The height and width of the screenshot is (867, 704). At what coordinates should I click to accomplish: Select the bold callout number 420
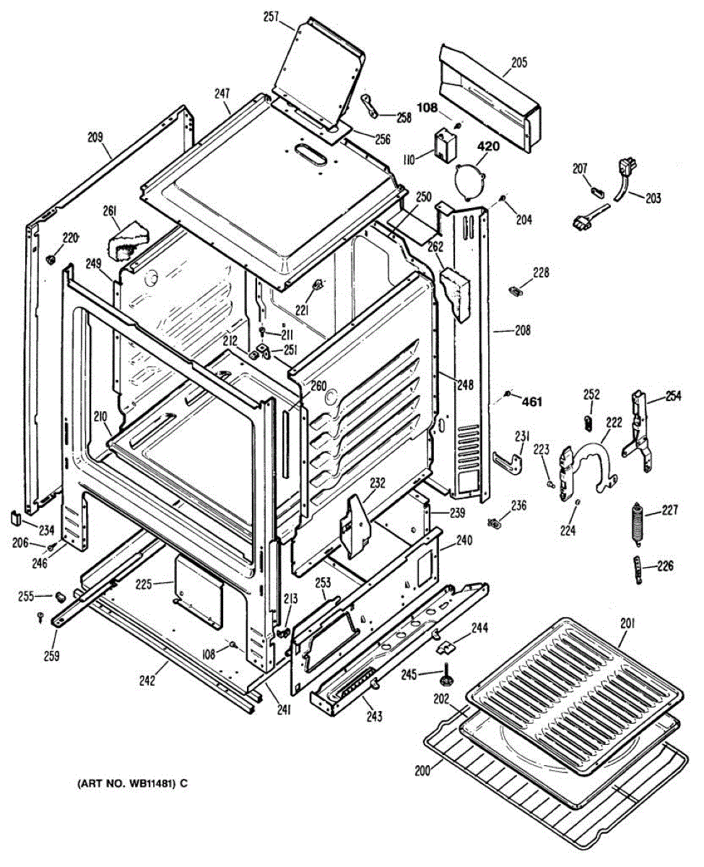click(488, 147)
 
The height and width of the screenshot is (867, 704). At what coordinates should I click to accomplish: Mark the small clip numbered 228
click(516, 290)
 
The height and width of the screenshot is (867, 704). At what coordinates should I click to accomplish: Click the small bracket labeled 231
click(510, 460)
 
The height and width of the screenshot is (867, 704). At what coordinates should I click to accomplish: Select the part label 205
click(519, 62)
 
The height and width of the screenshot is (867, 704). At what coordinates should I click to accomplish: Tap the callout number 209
click(96, 135)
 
